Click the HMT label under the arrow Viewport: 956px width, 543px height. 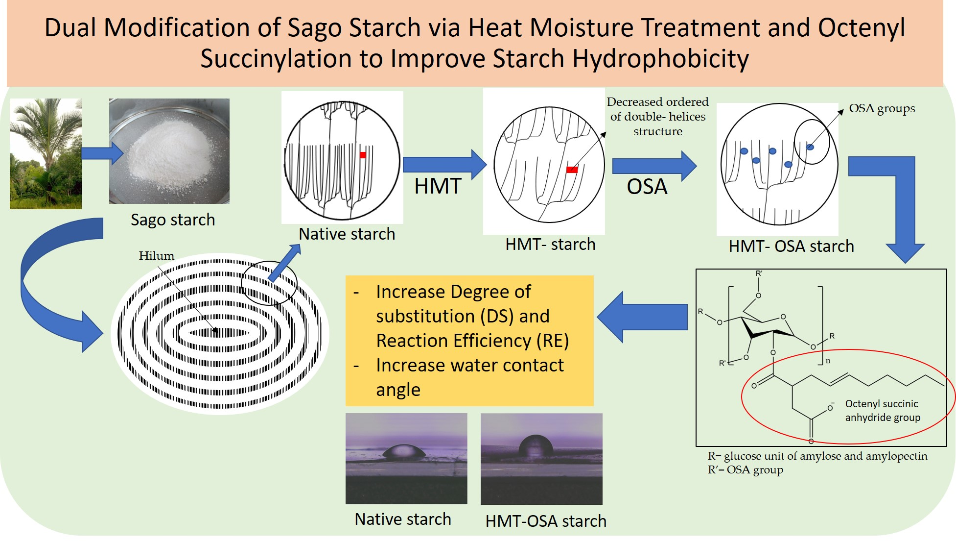[x=438, y=186]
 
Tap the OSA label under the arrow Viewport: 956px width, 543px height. [x=647, y=187]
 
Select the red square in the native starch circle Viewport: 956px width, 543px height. [x=363, y=155]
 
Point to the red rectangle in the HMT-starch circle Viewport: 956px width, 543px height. [x=572, y=170]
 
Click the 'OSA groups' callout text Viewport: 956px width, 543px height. [x=882, y=108]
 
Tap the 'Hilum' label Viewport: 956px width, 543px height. [x=156, y=256]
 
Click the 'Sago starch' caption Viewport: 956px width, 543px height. [x=173, y=220]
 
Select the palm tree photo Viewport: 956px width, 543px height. [x=46, y=153]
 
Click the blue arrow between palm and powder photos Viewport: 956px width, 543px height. [x=102, y=153]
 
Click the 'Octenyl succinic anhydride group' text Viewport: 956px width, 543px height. [x=882, y=411]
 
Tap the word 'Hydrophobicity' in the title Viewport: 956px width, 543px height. [x=660, y=59]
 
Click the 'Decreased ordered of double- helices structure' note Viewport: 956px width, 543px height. [x=657, y=117]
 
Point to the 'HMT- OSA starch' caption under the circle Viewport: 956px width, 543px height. [x=791, y=246]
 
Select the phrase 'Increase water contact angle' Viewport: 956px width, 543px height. [x=469, y=377]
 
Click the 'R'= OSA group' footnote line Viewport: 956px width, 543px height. [x=745, y=470]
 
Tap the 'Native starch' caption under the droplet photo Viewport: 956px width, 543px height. [x=402, y=519]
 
